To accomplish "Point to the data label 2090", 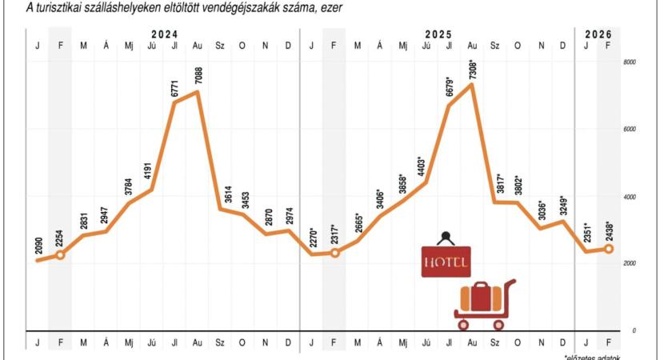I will coord(38,247).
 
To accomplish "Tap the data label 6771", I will coord(174,88).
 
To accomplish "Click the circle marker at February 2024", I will coord(60,254).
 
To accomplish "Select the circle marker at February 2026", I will coord(609,249).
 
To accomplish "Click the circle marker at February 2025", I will coord(334,253).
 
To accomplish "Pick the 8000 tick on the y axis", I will coord(630,62).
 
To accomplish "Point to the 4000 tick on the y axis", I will coord(630,197).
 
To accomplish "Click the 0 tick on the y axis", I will coord(634,330).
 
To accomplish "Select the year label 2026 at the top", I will coord(597,34).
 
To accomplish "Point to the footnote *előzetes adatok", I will coord(592,357).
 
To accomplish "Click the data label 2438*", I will coord(609,232).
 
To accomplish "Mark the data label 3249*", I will coord(563,206).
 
